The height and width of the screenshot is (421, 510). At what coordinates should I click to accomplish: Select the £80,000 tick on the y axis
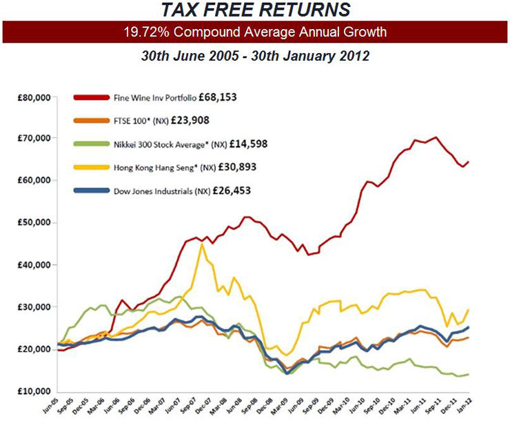click(33, 97)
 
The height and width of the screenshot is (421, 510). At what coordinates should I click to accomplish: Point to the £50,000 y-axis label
click(33, 223)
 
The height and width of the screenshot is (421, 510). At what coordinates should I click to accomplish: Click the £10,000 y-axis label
click(33, 391)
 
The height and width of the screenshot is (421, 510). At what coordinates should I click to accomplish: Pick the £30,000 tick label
click(33, 307)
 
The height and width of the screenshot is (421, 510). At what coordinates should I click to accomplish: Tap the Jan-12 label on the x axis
click(468, 407)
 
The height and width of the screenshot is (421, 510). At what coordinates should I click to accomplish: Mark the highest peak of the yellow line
click(201, 244)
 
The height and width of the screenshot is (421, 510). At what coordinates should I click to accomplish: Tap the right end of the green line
click(469, 374)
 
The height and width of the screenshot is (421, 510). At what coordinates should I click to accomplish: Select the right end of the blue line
click(469, 328)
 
